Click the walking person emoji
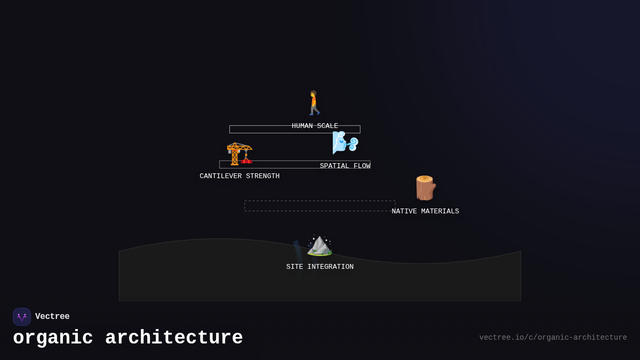(314, 103)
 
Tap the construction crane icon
(239, 154)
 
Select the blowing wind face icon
(345, 143)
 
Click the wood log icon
(425, 188)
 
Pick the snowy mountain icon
(319, 245)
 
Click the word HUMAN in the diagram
(302, 126)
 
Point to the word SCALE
(327, 126)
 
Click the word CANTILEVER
(221, 177)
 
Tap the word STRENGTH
(263, 177)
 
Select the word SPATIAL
(334, 166)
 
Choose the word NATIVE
(404, 212)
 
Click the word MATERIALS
(440, 212)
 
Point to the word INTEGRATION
(330, 267)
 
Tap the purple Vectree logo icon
(22, 317)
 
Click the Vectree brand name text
(52, 317)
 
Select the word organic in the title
(53, 338)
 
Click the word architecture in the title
(174, 338)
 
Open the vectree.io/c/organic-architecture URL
(553, 338)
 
